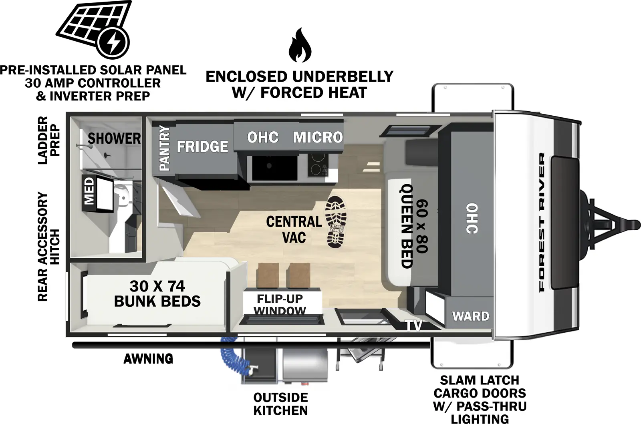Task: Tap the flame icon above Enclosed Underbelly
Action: click(300, 46)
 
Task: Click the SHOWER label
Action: click(114, 139)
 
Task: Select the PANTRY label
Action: click(164, 148)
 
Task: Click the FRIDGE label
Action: click(202, 147)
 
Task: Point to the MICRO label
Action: click(318, 137)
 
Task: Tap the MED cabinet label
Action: click(89, 191)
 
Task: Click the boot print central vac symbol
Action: click(336, 221)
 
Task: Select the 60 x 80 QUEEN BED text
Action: click(414, 226)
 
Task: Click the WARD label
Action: click(471, 316)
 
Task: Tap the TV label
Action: click(413, 326)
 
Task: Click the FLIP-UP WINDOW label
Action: click(280, 305)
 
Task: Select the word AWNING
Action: click(148, 359)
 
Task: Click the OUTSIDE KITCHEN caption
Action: click(280, 404)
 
